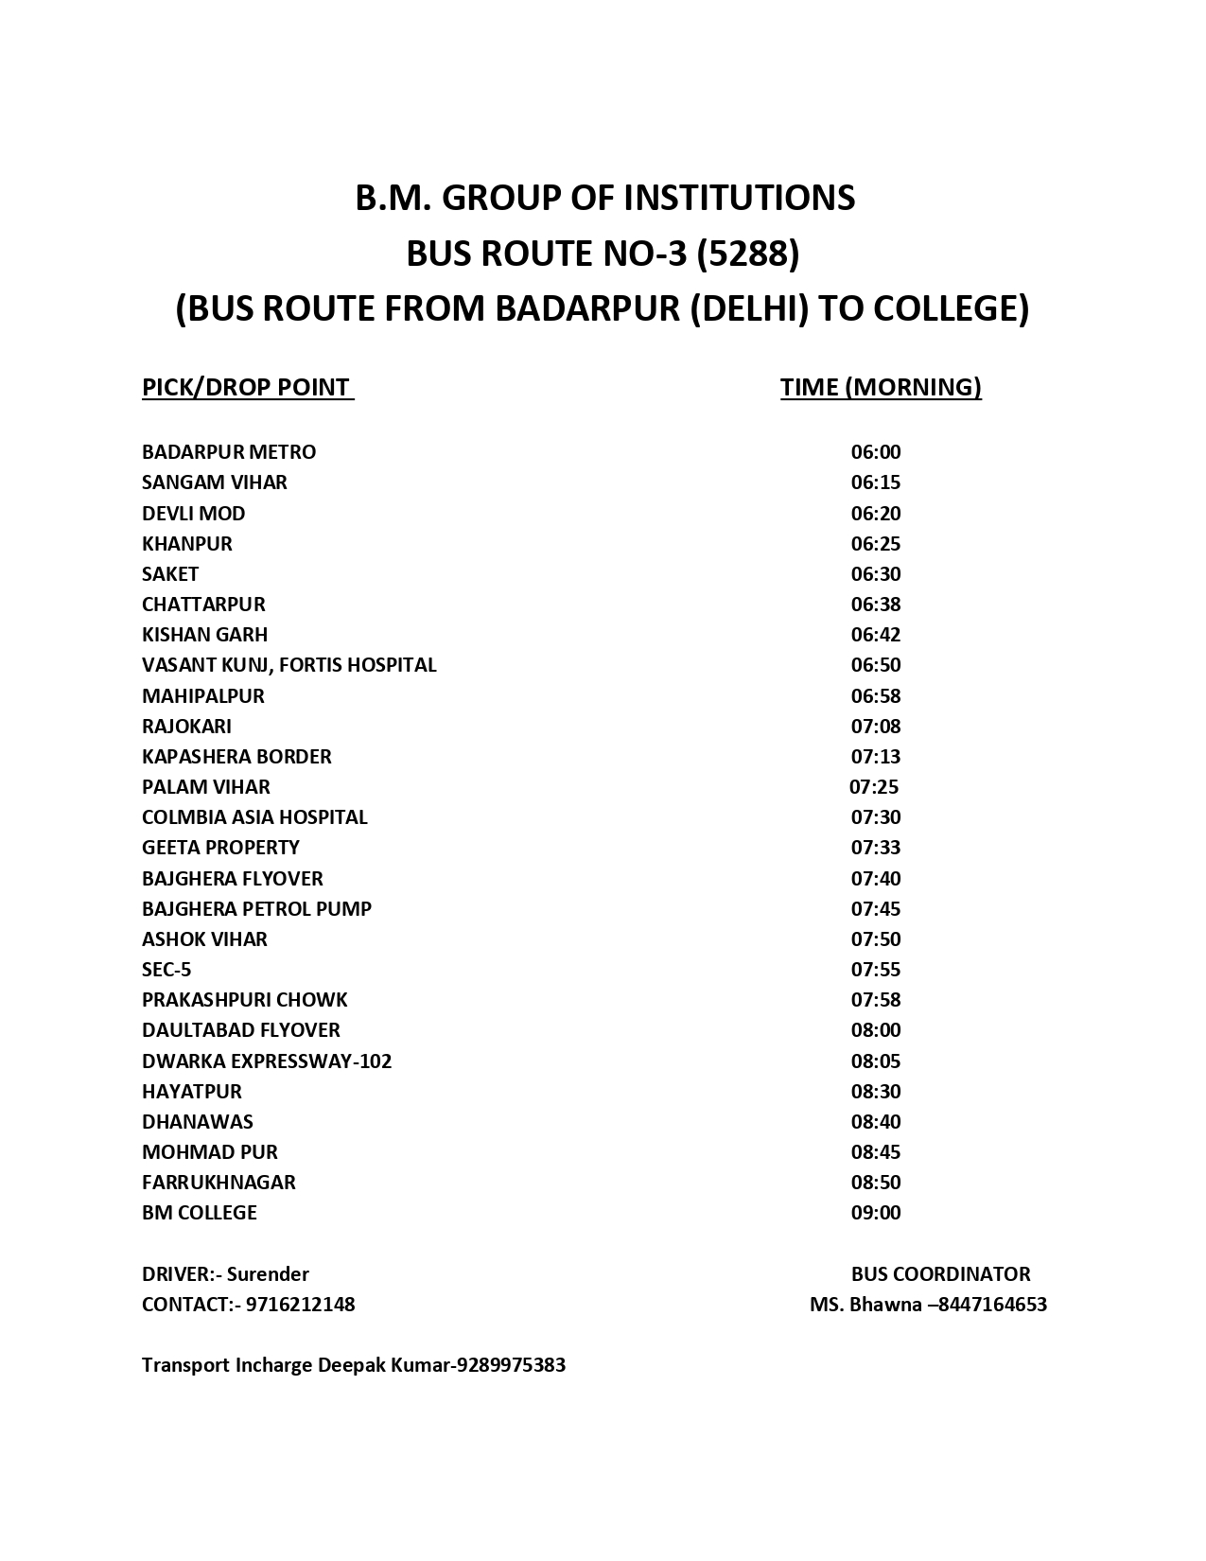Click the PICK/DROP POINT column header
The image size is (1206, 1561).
click(x=246, y=388)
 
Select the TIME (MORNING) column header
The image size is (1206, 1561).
click(x=881, y=388)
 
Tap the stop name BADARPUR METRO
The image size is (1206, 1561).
click(x=229, y=452)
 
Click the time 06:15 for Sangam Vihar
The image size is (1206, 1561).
click(x=876, y=482)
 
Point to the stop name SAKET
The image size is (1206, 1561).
click(x=170, y=574)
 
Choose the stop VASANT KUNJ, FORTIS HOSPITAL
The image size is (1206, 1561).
click(x=289, y=665)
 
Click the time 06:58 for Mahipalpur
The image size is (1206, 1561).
click(x=876, y=696)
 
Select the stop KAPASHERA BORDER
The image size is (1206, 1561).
click(x=236, y=757)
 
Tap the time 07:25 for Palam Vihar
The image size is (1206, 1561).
click(x=874, y=787)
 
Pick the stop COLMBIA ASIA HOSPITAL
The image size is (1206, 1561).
click(x=254, y=817)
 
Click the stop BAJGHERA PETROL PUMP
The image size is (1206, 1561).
click(x=256, y=909)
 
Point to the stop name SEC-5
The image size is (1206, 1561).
click(x=166, y=970)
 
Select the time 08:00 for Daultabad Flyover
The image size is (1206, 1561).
click(x=876, y=1030)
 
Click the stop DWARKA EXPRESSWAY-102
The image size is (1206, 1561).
click(x=267, y=1061)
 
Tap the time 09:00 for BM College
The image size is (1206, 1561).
click(x=876, y=1213)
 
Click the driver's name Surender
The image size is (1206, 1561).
click(x=268, y=1274)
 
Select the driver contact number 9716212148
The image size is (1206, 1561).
click(x=300, y=1305)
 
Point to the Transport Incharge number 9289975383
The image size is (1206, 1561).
click(x=511, y=1365)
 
